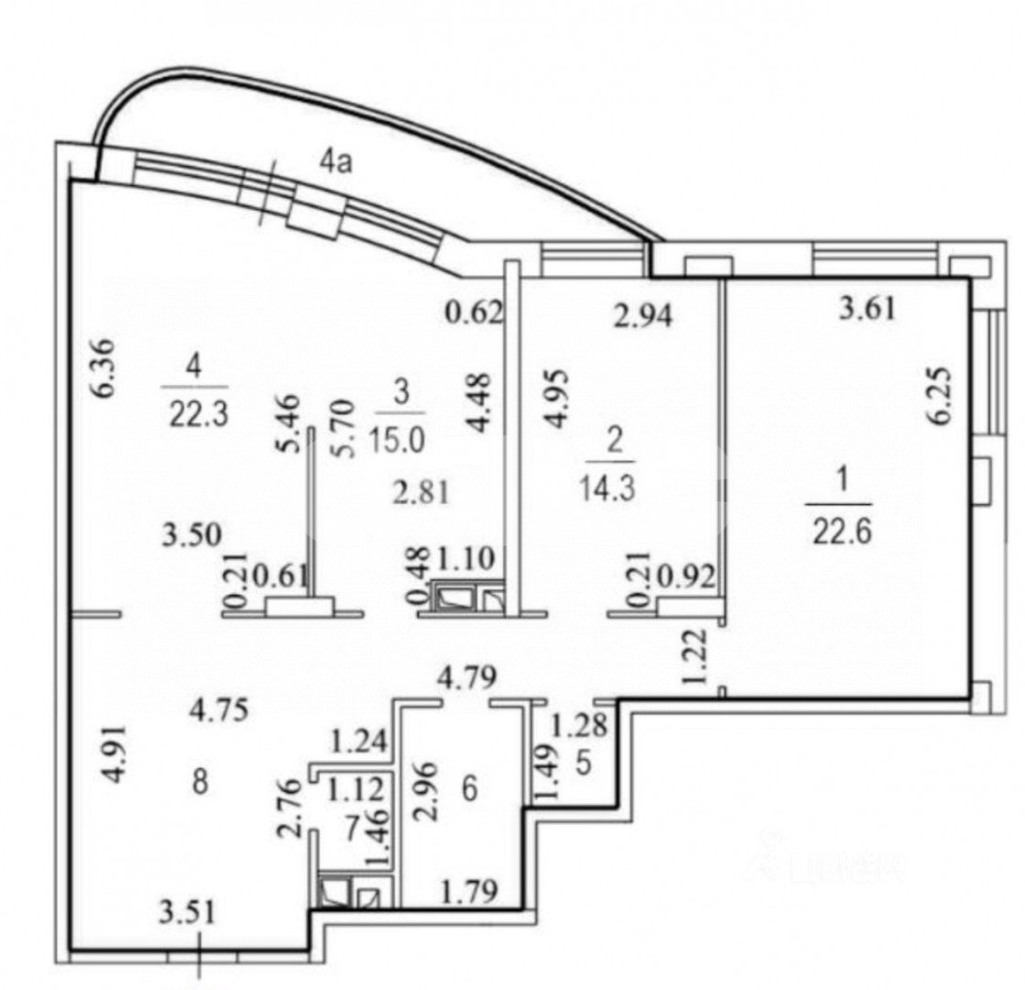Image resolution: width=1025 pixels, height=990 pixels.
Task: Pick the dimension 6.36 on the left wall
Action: (x=108, y=370)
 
